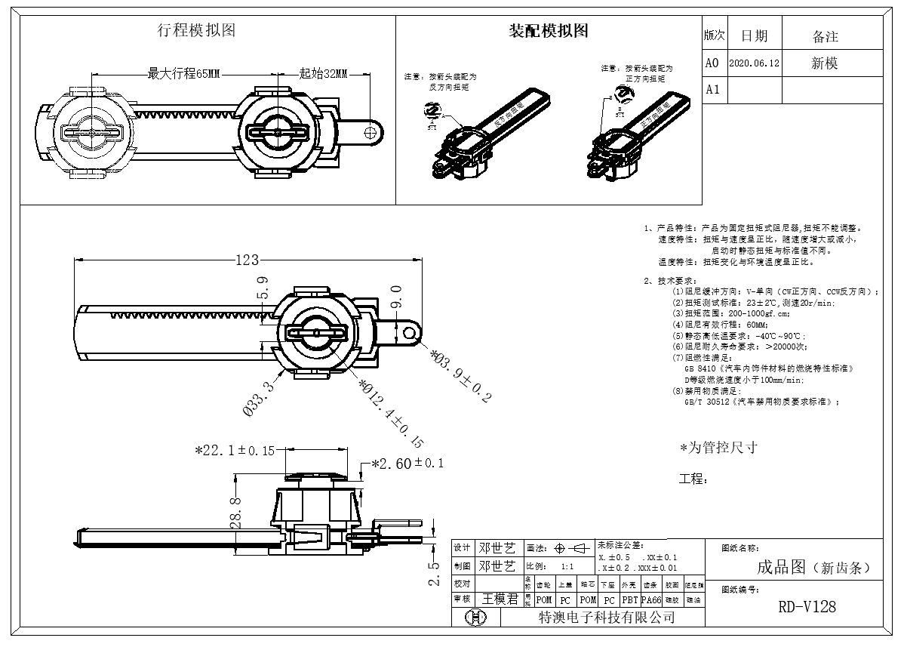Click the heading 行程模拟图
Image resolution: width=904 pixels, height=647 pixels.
click(x=196, y=30)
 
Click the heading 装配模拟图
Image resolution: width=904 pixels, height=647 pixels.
click(x=549, y=31)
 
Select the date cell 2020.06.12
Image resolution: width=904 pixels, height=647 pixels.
click(x=755, y=64)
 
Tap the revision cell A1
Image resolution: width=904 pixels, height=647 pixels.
click(x=712, y=90)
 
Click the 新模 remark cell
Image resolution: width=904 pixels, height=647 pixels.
click(x=825, y=64)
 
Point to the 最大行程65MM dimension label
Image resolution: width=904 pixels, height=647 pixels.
click(x=183, y=74)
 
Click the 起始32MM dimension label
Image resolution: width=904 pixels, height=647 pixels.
click(x=323, y=74)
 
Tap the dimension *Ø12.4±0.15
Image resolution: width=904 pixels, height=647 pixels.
click(x=391, y=412)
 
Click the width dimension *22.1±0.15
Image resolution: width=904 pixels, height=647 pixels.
click(x=235, y=451)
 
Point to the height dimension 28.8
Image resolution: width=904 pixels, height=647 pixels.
click(x=235, y=512)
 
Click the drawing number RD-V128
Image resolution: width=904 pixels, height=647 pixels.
click(x=807, y=607)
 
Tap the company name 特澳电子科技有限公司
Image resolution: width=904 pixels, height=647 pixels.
click(x=605, y=618)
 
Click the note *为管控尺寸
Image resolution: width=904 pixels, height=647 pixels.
click(x=718, y=448)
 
